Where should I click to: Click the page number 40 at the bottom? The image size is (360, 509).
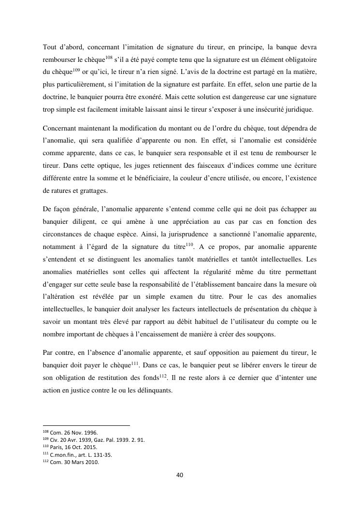[x=179, y=475]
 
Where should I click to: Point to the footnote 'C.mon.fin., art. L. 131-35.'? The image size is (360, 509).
[x=80, y=454]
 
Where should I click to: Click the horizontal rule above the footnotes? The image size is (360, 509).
[x=86, y=425]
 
